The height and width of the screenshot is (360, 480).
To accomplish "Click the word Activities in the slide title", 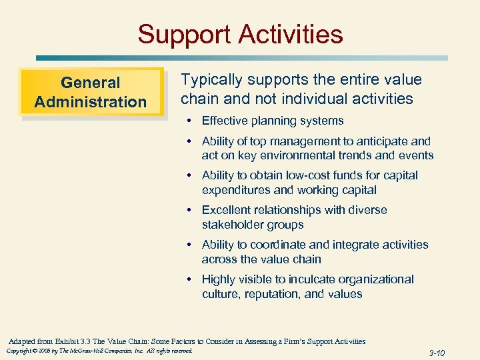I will (290, 34).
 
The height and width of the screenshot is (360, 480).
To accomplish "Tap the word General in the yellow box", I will (91, 83).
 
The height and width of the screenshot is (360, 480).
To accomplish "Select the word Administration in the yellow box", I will (91, 102).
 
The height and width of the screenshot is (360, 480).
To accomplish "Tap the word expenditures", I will (236, 190).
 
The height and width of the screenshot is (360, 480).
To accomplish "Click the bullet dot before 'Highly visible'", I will (190, 279).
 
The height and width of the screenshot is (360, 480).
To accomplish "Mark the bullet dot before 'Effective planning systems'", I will (190, 121).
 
